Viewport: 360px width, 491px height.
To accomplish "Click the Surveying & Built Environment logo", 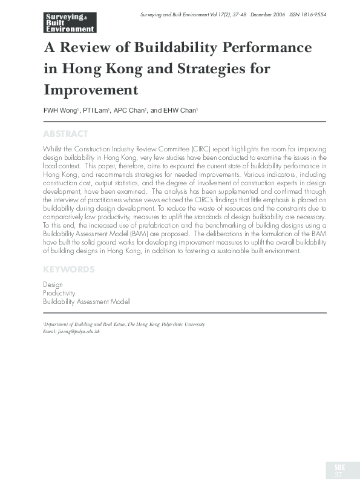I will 70,21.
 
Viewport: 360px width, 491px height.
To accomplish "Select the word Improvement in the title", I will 91,90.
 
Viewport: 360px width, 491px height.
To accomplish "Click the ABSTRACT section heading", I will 66,134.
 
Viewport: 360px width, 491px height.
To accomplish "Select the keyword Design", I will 53,285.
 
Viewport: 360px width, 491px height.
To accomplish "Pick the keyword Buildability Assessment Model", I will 86,301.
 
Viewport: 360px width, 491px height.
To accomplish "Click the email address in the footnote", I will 71,332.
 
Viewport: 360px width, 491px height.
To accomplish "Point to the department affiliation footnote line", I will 125,325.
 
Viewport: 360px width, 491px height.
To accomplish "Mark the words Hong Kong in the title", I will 91,68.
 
